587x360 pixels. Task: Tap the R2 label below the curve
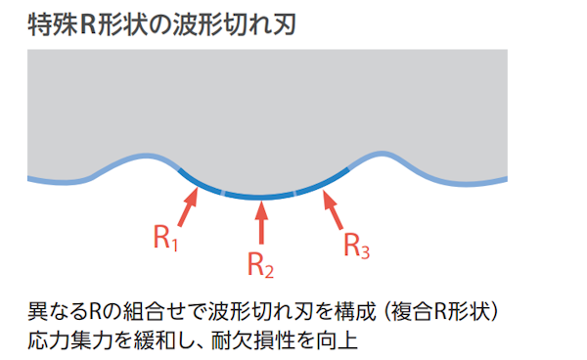(x=260, y=261)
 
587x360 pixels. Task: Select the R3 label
(x=356, y=245)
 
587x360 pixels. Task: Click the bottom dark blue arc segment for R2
(x=259, y=197)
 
